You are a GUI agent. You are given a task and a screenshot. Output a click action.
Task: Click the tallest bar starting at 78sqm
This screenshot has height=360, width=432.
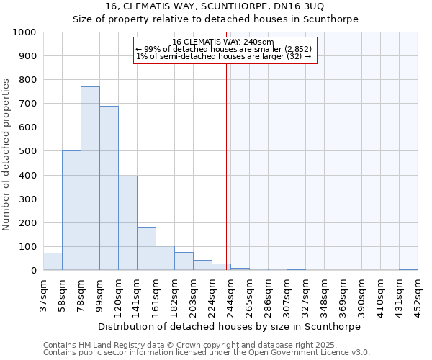(90, 179)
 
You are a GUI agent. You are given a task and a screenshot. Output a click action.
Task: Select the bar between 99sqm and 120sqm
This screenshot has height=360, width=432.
(109, 189)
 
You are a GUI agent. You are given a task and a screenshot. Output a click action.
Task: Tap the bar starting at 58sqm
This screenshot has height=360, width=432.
(71, 210)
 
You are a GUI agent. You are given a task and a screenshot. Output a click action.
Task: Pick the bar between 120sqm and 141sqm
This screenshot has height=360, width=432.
(127, 223)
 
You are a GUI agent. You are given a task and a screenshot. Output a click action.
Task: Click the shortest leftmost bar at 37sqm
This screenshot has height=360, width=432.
(53, 262)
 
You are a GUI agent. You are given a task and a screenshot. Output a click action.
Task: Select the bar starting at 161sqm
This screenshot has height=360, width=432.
(165, 258)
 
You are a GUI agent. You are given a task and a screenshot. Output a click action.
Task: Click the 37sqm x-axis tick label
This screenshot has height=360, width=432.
(44, 296)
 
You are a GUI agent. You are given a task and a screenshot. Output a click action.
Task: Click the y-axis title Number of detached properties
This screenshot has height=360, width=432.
(7, 151)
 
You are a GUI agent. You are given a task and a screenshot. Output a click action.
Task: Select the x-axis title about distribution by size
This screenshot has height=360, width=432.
(230, 326)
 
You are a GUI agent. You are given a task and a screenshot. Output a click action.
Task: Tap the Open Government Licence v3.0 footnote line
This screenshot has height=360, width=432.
(207, 353)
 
